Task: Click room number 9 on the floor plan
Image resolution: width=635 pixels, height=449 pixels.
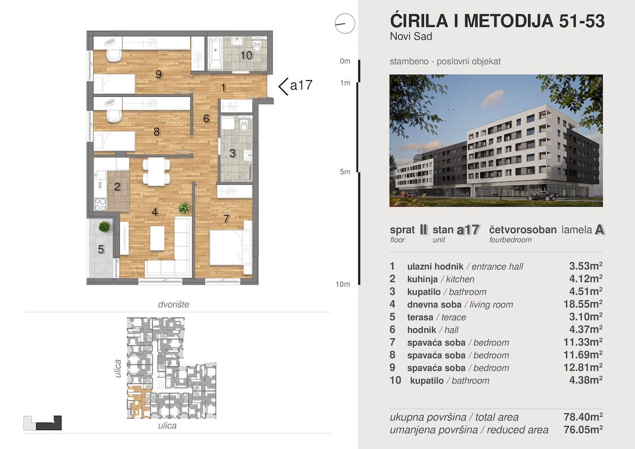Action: [159, 74]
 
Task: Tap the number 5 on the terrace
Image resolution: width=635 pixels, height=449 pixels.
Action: [101, 250]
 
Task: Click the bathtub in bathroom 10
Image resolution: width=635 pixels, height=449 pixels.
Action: [215, 54]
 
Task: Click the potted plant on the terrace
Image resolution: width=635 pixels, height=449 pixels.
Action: [104, 227]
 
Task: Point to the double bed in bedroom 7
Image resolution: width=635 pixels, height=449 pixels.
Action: [227, 247]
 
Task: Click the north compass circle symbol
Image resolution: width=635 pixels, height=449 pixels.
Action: [344, 23]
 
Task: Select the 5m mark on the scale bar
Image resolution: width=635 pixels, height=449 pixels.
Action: [346, 172]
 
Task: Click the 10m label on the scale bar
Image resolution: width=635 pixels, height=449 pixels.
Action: [343, 284]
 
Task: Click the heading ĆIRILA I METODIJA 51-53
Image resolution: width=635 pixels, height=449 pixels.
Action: [497, 21]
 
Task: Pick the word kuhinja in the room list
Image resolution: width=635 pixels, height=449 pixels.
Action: [423, 279]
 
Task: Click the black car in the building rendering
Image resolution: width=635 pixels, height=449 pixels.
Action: [543, 196]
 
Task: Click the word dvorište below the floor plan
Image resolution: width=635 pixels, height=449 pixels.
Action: [173, 304]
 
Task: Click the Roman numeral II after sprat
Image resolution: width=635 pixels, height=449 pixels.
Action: [423, 230]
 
